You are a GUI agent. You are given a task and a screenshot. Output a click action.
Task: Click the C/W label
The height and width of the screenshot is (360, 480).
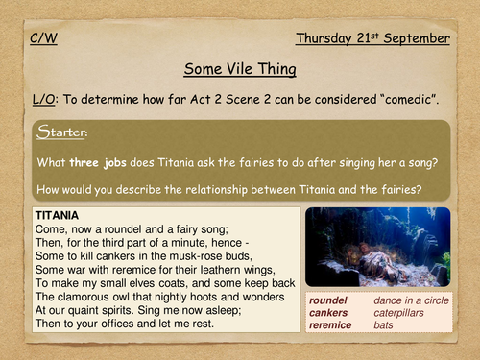point(43,38)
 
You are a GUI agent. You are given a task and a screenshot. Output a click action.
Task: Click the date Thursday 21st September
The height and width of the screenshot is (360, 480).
point(372,38)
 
